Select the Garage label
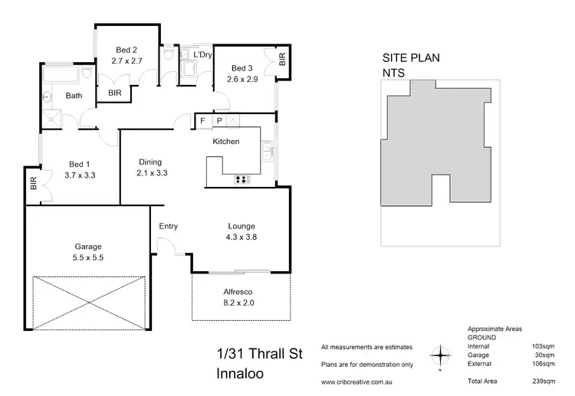tap(87, 247)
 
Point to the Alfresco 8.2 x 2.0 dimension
tap(241, 303)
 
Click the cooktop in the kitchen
tap(243, 180)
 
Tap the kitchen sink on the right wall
tap(266, 151)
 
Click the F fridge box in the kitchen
tap(202, 121)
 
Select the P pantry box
tap(219, 121)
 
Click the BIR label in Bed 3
tap(281, 58)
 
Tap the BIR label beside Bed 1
tap(33, 184)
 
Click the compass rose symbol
tap(440, 355)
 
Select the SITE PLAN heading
tap(411, 57)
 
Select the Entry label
tap(169, 226)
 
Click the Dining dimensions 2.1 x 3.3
tap(152, 173)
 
